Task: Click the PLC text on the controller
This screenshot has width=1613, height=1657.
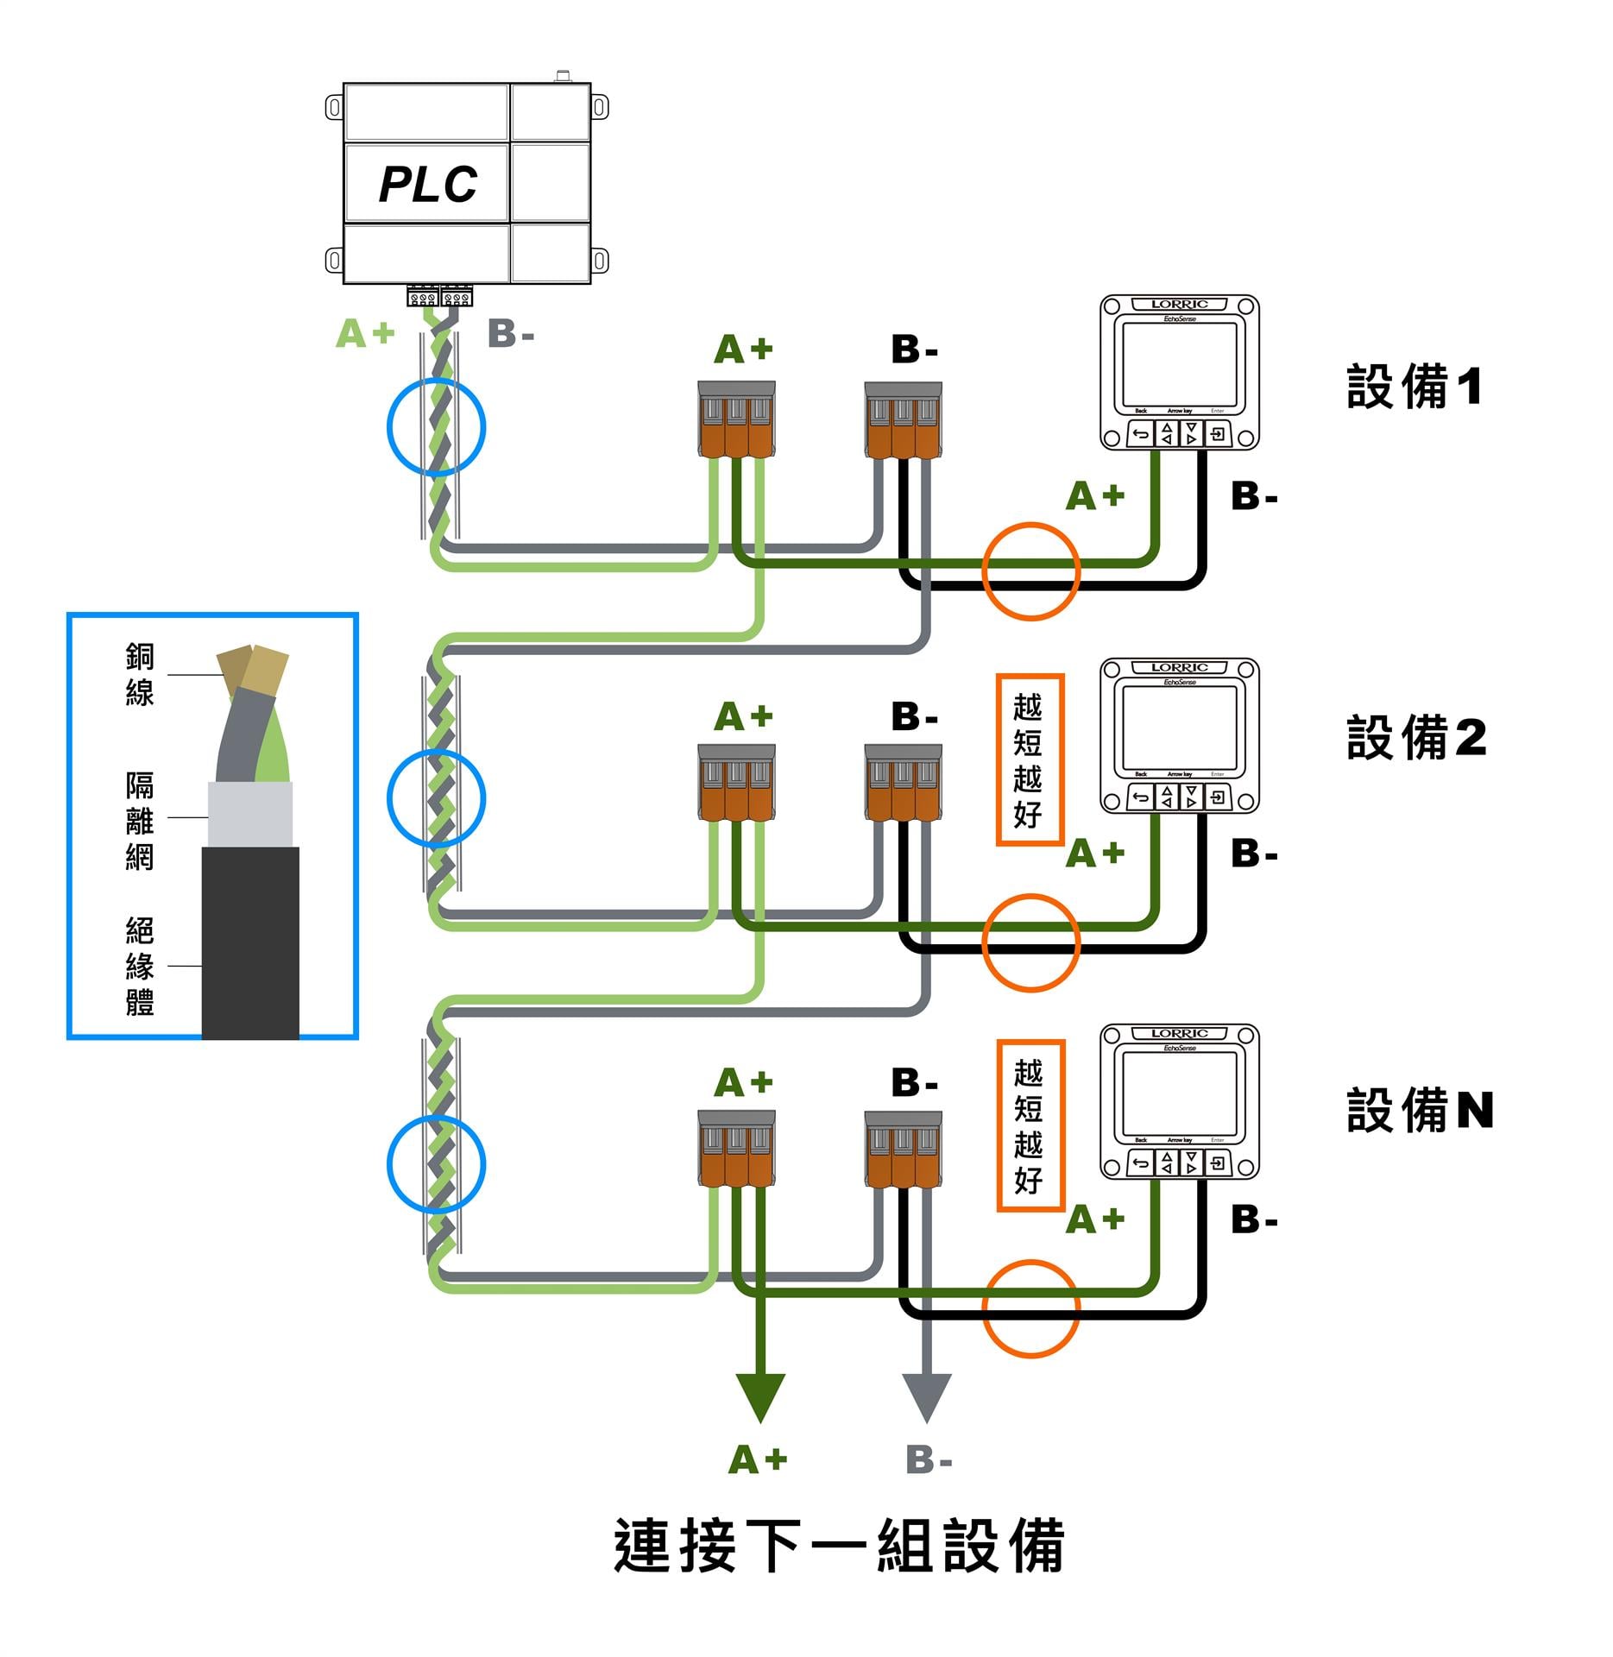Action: point(428,184)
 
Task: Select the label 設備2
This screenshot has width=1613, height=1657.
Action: point(1416,738)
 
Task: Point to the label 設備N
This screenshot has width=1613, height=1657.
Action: point(1420,1110)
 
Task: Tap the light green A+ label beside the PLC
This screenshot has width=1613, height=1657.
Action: point(365,334)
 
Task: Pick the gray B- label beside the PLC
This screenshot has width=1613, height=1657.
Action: point(511,334)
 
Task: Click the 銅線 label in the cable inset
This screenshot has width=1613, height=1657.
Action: point(140,674)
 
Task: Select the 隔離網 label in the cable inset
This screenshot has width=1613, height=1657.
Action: point(140,821)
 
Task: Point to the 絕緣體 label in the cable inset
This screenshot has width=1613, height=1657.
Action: point(140,966)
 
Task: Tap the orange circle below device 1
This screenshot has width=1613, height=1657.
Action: point(1030,570)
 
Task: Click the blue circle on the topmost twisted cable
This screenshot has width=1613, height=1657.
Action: point(436,427)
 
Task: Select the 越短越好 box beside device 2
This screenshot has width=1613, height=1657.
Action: point(1029,759)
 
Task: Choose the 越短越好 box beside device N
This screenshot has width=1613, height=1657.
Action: point(1030,1125)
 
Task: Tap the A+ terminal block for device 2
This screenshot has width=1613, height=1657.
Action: point(736,783)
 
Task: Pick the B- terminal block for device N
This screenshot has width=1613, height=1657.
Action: point(903,1149)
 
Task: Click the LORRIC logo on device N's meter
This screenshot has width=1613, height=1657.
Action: point(1179,1033)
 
